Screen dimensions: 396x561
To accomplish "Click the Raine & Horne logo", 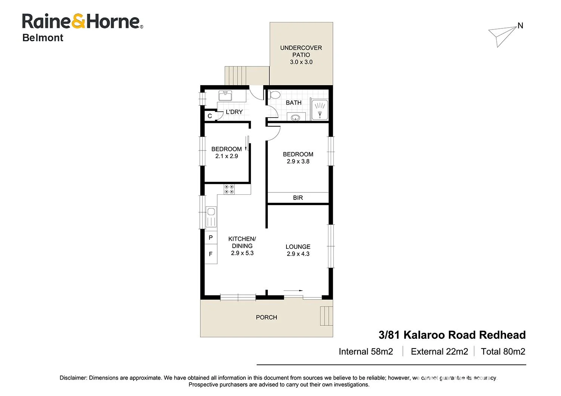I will pyautogui.click(x=82, y=22).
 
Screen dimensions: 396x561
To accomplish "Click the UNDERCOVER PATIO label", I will pyautogui.click(x=301, y=51).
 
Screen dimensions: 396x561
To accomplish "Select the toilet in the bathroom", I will pyautogui.click(x=274, y=95).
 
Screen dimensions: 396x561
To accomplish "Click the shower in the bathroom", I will pyautogui.click(x=320, y=110).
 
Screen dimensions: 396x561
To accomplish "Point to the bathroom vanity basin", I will pyautogui.click(x=295, y=117).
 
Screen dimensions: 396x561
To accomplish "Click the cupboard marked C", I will pyautogui.click(x=210, y=116).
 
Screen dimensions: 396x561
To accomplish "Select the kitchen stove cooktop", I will pyautogui.click(x=229, y=189).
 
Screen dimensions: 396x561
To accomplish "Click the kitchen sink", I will pyautogui.click(x=211, y=217).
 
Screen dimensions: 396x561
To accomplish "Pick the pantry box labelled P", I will pyautogui.click(x=211, y=238).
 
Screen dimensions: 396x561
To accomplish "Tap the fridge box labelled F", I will pyautogui.click(x=211, y=254).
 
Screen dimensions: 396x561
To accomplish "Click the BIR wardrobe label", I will pyautogui.click(x=298, y=198).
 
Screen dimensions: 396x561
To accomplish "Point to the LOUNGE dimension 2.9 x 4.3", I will pyautogui.click(x=298, y=254).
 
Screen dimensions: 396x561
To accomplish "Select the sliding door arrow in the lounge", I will pyautogui.click(x=293, y=290).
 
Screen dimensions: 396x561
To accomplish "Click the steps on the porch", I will pyautogui.click(x=326, y=316).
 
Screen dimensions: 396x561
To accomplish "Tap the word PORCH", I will pyautogui.click(x=266, y=317).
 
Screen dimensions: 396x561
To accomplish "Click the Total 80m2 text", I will pyautogui.click(x=503, y=352).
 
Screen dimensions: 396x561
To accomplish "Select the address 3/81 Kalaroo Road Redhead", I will pyautogui.click(x=452, y=335).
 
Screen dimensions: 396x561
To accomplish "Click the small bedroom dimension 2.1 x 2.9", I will pyautogui.click(x=227, y=156).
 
